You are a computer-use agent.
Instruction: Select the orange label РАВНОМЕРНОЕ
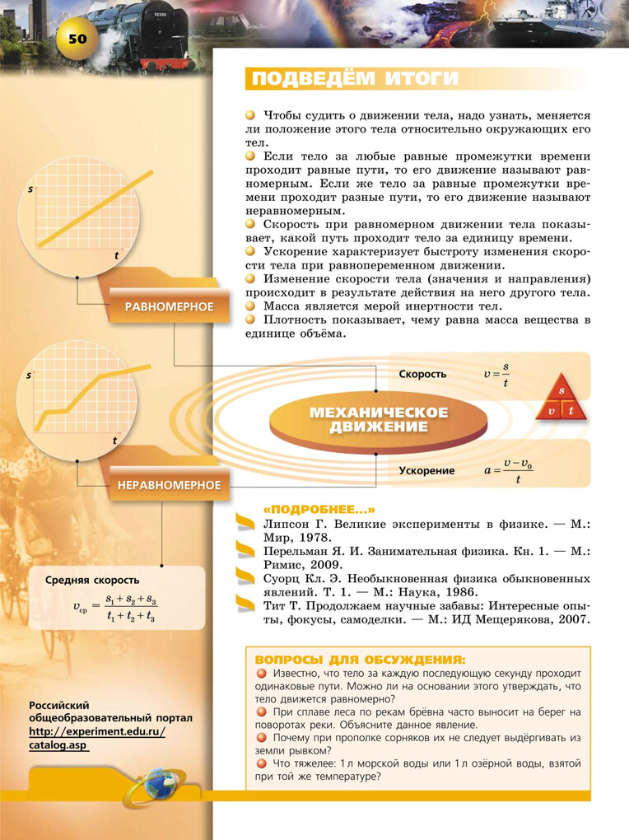169,307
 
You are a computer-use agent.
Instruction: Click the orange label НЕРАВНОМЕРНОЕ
169,485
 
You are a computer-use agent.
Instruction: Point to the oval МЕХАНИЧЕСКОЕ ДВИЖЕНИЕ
378,418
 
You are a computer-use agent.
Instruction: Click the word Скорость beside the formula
422,374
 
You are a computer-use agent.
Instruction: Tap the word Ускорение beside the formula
426,470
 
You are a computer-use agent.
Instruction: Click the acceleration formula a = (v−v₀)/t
509,470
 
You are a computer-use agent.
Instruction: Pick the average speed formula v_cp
115,608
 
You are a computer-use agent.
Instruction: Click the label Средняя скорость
92,581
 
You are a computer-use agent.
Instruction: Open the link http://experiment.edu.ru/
97,731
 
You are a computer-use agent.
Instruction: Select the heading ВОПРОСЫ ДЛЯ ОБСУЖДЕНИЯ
360,660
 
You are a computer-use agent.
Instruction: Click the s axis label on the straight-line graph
30,190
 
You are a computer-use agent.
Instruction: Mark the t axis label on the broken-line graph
114,441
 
